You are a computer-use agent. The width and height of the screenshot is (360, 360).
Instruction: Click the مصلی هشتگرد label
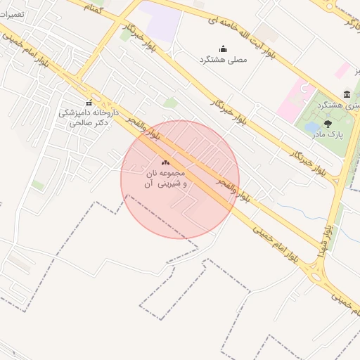[224, 60]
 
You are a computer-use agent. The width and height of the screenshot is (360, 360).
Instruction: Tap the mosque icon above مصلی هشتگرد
[224, 49]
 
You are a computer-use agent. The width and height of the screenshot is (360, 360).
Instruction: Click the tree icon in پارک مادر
[328, 124]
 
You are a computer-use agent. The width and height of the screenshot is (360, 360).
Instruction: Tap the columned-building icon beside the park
[347, 94]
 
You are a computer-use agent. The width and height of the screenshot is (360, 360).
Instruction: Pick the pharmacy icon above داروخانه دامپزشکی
[89, 103]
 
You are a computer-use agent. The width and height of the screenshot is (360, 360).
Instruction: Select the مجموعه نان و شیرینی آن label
[165, 178]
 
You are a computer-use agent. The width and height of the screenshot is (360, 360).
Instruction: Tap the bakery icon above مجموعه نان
[165, 163]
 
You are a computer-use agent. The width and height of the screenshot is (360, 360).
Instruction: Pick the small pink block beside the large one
[342, 70]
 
